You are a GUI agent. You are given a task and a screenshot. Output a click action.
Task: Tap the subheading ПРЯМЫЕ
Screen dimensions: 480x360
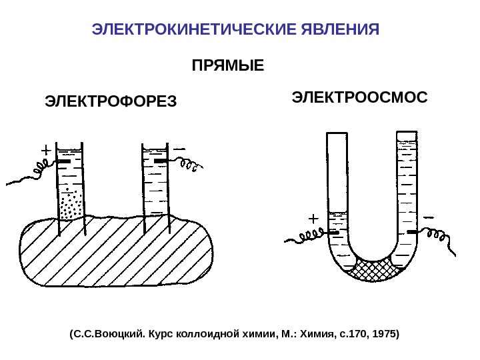click(x=228, y=67)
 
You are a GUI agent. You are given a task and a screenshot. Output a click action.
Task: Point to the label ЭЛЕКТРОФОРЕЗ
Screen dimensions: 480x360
click(x=111, y=102)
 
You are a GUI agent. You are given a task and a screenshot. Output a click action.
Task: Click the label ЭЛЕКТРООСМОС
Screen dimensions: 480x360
click(x=360, y=97)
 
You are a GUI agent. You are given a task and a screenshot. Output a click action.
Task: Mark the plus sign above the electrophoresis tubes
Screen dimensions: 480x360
click(x=46, y=150)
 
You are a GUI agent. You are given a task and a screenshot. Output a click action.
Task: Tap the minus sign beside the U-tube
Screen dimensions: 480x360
click(x=428, y=215)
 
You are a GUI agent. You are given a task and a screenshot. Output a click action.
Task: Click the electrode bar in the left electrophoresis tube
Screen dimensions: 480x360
click(x=64, y=162)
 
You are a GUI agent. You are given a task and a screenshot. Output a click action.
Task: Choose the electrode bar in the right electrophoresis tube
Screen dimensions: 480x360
click(x=161, y=162)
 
